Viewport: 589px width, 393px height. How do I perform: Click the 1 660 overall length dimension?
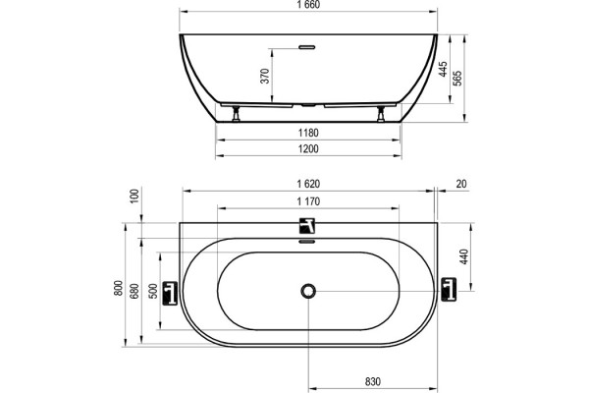pos(308,5)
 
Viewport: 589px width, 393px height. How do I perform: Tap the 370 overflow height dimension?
pos(265,76)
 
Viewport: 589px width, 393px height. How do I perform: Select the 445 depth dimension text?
pos(444,69)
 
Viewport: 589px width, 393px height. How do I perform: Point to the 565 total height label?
pos(457,79)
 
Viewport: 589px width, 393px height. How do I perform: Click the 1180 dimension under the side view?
pos(308,133)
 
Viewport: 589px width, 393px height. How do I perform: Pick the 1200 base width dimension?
pos(308,149)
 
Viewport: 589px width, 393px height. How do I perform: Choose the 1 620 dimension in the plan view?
pos(308,184)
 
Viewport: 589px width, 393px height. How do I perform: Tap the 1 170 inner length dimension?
pos(308,201)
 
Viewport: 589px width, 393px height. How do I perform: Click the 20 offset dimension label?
pos(461,184)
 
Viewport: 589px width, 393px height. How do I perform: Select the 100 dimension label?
pos(134,196)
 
